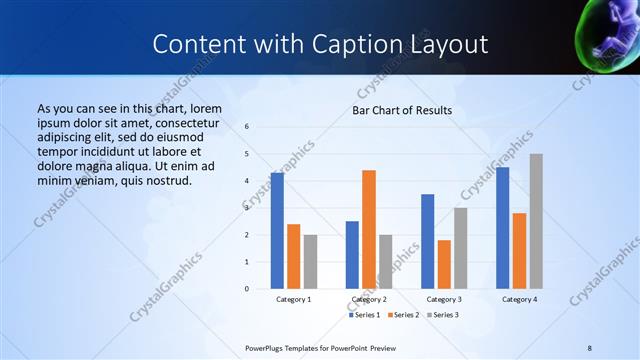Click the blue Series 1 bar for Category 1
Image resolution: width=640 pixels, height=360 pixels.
[277, 231]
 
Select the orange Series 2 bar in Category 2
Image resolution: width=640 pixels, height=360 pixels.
[369, 229]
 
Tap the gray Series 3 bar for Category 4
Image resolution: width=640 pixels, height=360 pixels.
[536, 221]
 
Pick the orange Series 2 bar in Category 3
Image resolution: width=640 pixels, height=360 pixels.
[444, 264]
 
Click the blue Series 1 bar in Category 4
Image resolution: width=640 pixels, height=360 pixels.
[502, 228]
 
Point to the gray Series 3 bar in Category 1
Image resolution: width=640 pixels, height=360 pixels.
[310, 262]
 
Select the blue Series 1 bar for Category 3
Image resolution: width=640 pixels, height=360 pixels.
[427, 241]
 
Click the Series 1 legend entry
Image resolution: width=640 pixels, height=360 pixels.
[365, 315]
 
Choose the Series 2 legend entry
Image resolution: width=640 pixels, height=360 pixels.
[402, 315]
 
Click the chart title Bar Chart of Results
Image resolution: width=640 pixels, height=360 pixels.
[402, 110]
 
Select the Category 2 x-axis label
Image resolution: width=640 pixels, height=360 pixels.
[369, 299]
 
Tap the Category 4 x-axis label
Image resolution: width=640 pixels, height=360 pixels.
[519, 299]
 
